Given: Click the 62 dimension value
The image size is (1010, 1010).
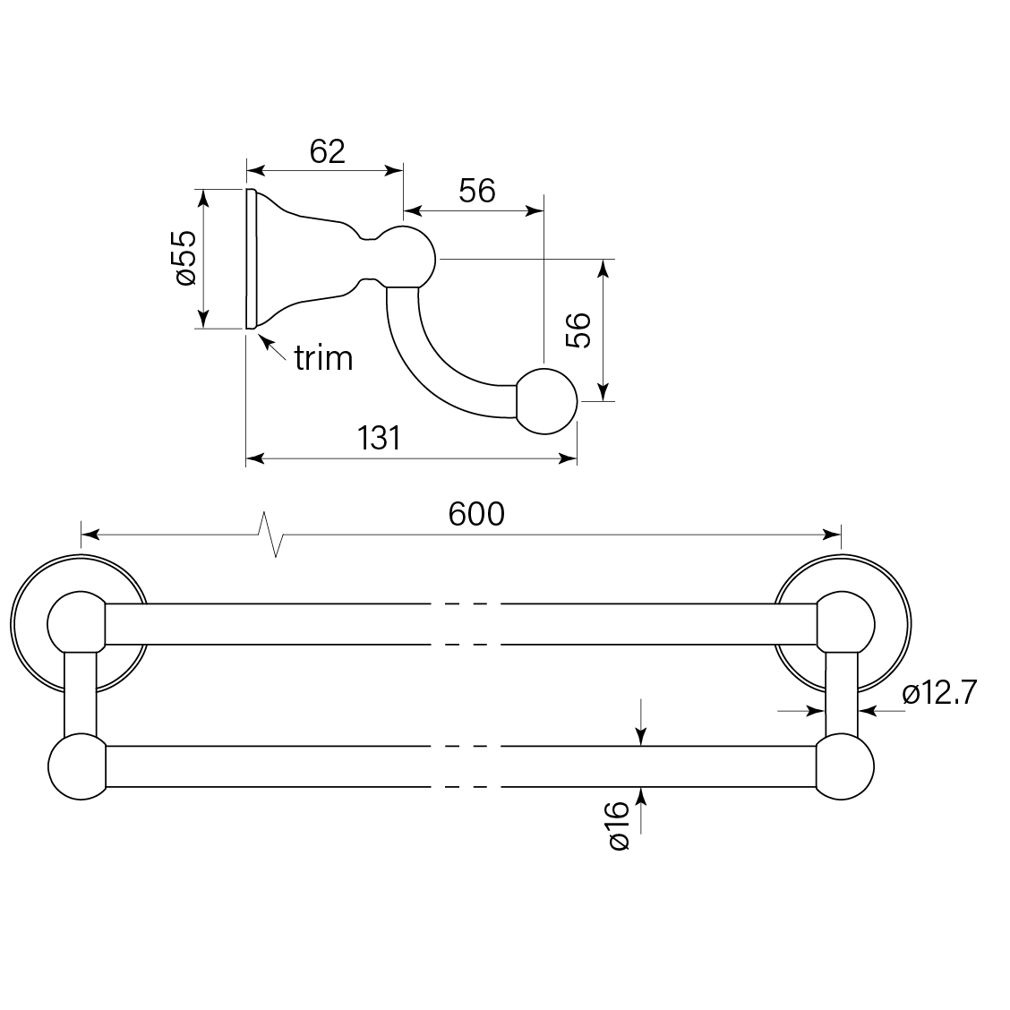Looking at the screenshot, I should tap(328, 151).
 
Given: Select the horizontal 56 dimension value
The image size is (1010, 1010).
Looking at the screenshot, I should tap(476, 191).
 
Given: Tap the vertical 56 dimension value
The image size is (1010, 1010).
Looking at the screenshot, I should tap(578, 330).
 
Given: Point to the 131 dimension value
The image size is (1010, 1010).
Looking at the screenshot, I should tap(379, 439).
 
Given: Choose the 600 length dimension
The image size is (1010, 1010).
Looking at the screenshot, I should tap(476, 514).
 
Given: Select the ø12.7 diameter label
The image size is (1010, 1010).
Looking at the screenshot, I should tap(938, 693).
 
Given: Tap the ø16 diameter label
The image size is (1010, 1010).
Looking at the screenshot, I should tap(618, 826).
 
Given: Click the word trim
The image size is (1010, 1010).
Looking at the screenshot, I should tap(324, 359).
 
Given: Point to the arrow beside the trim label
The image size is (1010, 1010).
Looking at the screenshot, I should tap(272, 347).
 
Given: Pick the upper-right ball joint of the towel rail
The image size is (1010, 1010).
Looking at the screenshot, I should tap(843, 622).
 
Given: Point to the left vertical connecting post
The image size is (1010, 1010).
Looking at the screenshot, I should tap(80, 695).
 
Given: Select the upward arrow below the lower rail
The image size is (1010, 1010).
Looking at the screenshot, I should tap(641, 802).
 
